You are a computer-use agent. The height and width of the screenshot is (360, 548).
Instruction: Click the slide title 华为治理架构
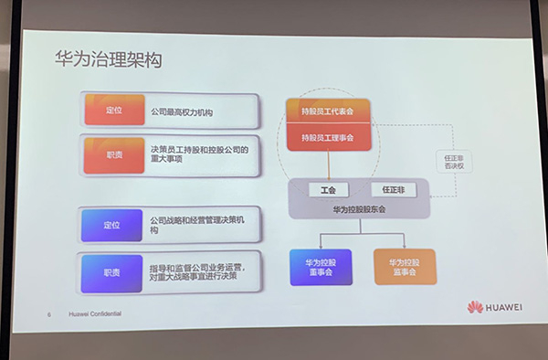coord(108,61)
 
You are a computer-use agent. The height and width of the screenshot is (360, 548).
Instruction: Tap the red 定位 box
coord(112,111)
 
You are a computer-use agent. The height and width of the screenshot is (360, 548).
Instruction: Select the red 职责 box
coord(113,154)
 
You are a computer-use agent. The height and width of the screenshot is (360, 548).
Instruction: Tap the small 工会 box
coord(328,191)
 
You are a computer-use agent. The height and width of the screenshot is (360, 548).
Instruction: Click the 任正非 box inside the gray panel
coord(392,190)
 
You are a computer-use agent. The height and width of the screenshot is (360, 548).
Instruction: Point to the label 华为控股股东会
coord(359,209)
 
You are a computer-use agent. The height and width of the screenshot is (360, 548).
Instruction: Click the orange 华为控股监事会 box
coord(403,266)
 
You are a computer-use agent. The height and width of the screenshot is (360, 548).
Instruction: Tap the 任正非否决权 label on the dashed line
coord(453,161)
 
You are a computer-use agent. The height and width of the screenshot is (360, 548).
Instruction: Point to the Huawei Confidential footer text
coord(95,315)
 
